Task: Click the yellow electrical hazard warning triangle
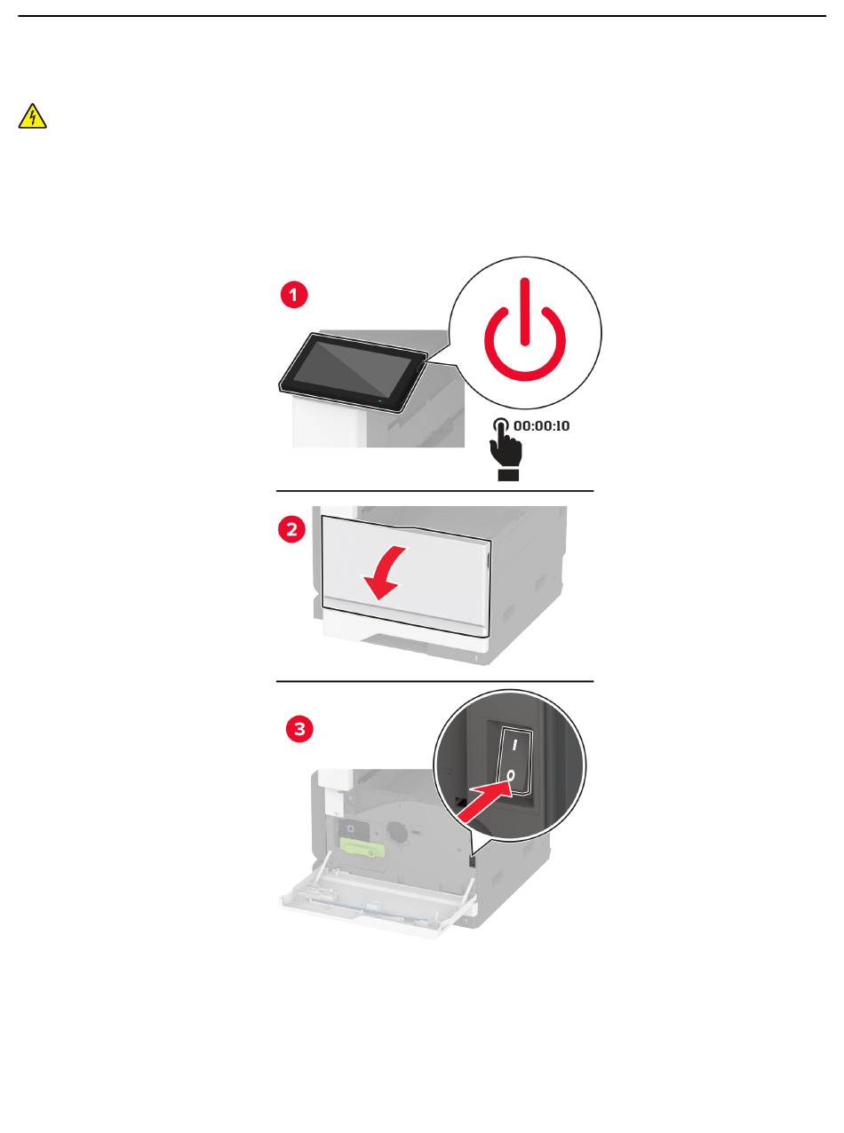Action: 33,117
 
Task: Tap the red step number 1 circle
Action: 294,295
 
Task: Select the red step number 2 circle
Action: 291,528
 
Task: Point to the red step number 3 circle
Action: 299,728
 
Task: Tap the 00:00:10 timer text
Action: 541,425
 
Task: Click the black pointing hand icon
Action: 506,449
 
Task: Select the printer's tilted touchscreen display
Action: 353,372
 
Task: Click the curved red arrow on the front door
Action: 385,573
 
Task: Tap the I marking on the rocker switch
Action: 514,745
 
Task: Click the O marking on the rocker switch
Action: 510,776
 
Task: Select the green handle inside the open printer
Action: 362,847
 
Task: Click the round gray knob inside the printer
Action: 397,832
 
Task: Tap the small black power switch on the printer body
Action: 472,862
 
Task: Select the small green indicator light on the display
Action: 380,401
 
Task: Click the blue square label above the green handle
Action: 350,828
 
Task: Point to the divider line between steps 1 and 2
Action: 434,491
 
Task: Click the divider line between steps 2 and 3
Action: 434,681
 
